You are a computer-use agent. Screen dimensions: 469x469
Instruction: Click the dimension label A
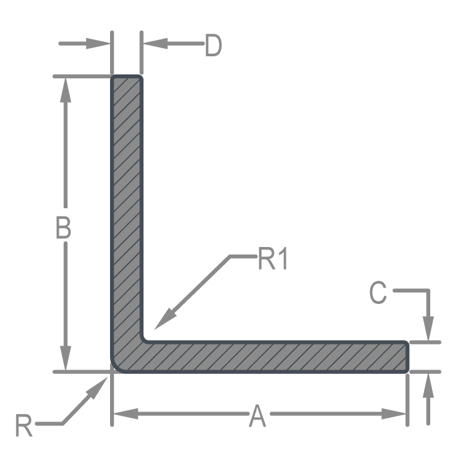click(257, 416)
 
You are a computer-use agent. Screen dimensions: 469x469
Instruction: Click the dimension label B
click(63, 228)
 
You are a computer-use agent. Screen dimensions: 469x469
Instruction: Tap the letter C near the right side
click(378, 293)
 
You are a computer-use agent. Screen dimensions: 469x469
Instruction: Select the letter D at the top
click(213, 46)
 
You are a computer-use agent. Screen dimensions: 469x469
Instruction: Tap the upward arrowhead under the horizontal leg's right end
click(428, 385)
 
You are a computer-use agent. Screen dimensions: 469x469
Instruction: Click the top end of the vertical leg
click(127, 78)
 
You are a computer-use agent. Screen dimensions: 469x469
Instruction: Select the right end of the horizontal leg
click(408, 357)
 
